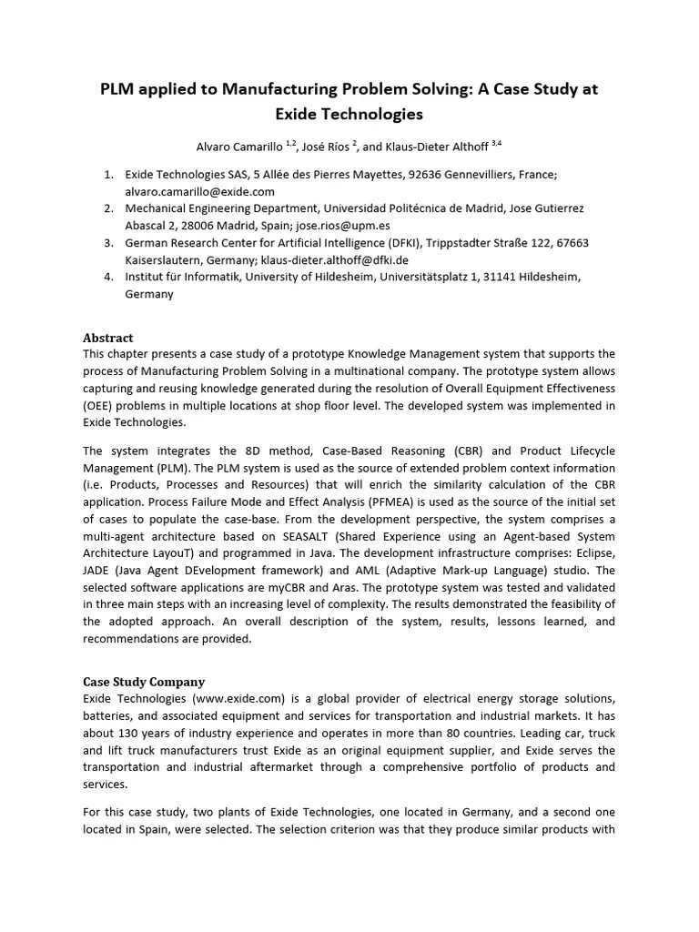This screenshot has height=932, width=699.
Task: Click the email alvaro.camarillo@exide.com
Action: pyautogui.click(x=199, y=191)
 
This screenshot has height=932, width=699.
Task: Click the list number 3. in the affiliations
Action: pyautogui.click(x=107, y=243)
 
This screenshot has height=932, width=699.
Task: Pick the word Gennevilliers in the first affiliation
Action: pyautogui.click(x=473, y=174)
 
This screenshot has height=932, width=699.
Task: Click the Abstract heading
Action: pyautogui.click(x=107, y=337)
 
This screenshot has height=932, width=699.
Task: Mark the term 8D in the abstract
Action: pyautogui.click(x=252, y=451)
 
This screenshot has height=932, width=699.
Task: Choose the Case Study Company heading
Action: pyautogui.click(x=144, y=681)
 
